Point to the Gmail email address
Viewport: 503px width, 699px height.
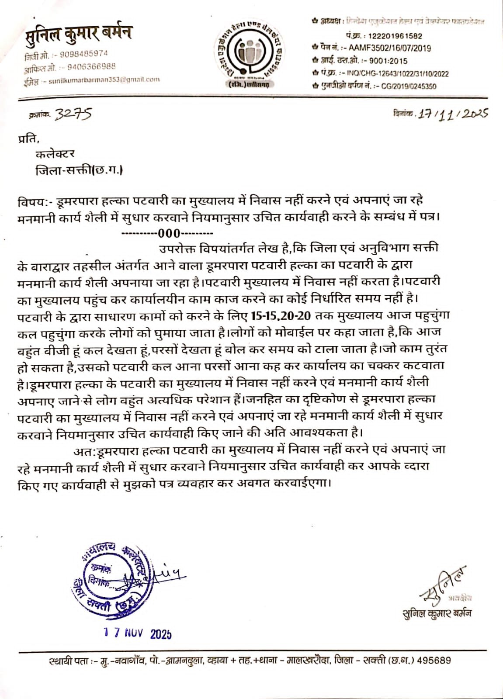(104, 80)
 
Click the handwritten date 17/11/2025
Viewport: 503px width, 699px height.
(452, 114)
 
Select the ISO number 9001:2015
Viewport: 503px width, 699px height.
(388, 61)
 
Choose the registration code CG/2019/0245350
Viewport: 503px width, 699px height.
(409, 86)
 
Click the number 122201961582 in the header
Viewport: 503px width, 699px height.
(395, 36)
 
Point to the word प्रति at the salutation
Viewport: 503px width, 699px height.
(28, 139)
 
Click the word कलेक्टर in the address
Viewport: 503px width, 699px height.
(55, 154)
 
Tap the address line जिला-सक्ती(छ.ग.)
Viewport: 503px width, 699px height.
(79, 170)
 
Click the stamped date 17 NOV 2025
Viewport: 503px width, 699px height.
(137, 633)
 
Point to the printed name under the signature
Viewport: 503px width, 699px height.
(437, 613)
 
